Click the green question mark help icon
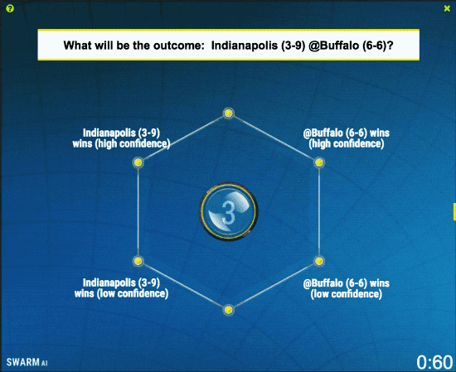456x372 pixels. pos(10,9)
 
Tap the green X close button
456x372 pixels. pos(447,9)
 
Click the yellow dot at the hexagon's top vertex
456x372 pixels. pos(228,113)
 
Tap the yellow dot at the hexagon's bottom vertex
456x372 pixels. pos(228,310)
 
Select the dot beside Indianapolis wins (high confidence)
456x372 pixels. pos(138,162)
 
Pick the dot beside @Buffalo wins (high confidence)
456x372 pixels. pos(319,162)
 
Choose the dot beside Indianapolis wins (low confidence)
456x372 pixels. pos(138,261)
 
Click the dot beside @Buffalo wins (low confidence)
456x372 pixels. pos(319,261)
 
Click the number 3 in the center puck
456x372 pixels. pos(228,213)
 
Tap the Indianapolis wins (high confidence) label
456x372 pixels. pos(121,138)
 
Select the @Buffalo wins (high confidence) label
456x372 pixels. pos(346,138)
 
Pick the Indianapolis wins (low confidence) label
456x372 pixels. pos(121,288)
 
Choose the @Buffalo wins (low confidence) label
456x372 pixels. pos(346,288)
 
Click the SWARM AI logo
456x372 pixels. pos(27,362)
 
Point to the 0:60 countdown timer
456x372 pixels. pos(434,362)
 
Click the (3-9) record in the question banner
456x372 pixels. pos(293,46)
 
